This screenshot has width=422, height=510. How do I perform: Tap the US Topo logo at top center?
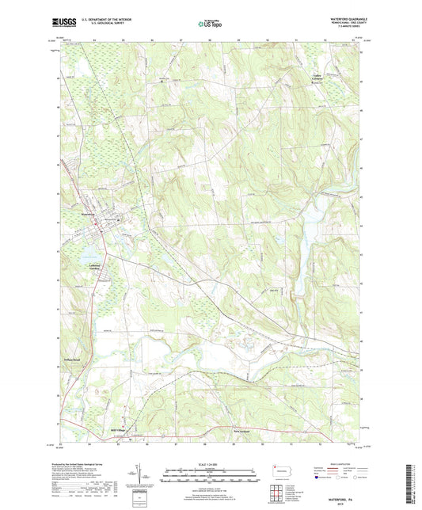pyautogui.click(x=208, y=24)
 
